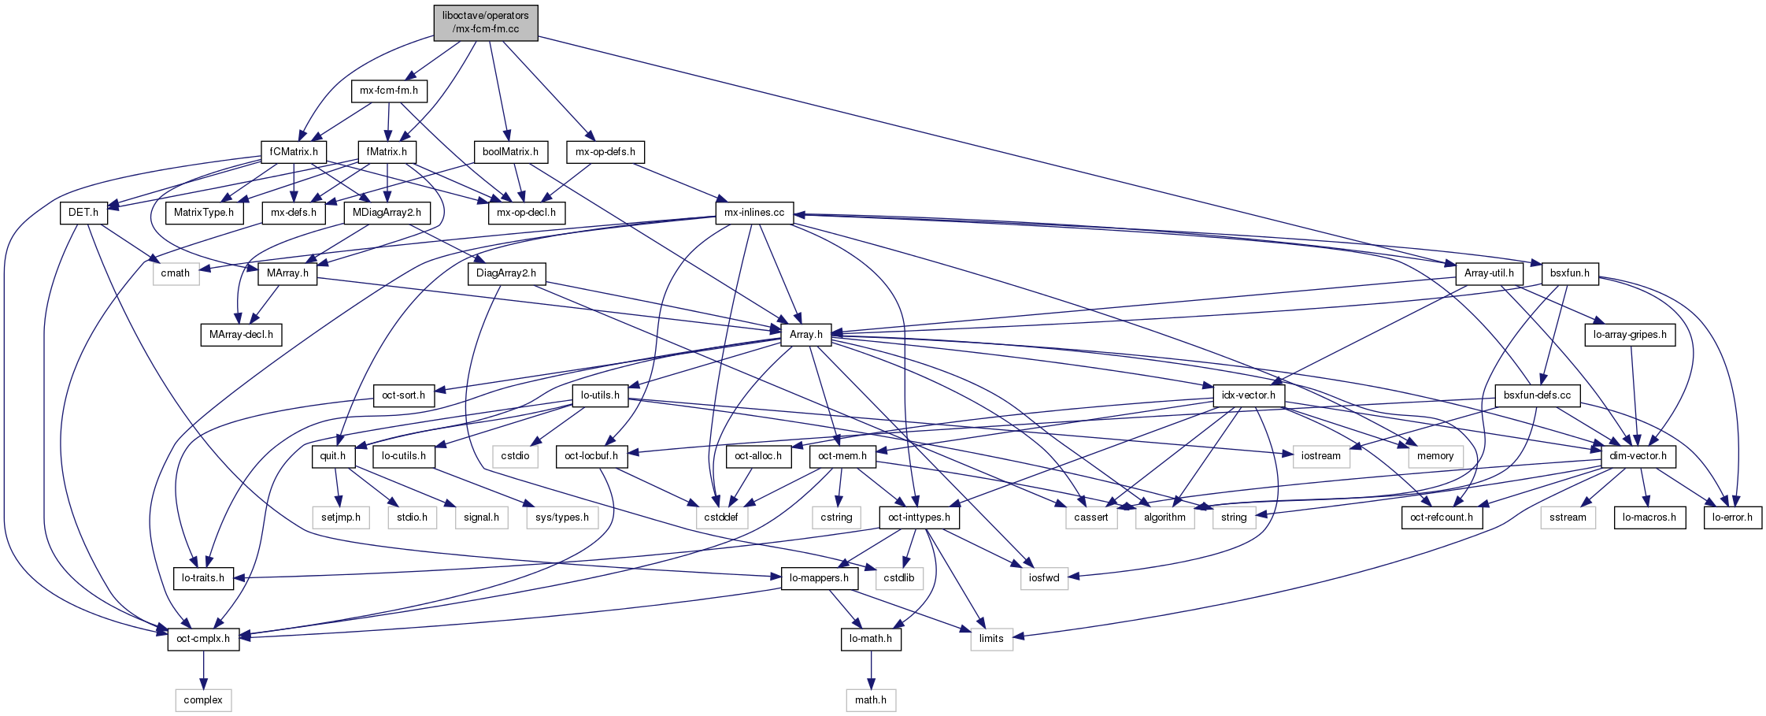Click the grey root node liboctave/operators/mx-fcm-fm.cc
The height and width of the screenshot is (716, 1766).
point(486,22)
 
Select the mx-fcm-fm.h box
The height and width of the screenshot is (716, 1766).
point(389,91)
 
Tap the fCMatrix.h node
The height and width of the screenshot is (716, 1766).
point(294,151)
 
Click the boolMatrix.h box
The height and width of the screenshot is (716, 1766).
point(510,151)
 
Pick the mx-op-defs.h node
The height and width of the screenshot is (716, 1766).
point(605,151)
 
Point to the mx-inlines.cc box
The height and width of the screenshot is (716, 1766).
point(754,213)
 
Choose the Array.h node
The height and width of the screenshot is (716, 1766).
point(806,334)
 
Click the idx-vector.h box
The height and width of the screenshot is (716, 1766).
point(1250,395)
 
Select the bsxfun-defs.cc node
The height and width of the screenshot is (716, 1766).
point(1537,395)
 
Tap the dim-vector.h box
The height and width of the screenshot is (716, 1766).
point(1638,456)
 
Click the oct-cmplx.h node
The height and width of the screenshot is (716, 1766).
point(203,639)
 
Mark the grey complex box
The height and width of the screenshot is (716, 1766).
point(203,700)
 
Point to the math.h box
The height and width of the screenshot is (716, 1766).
point(871,700)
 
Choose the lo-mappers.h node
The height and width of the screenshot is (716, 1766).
point(819,578)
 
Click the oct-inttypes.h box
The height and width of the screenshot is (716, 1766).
point(919,518)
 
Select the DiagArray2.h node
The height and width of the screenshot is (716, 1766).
point(506,273)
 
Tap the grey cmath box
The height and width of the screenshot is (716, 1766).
point(176,273)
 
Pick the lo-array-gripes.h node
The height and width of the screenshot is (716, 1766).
point(1630,334)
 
